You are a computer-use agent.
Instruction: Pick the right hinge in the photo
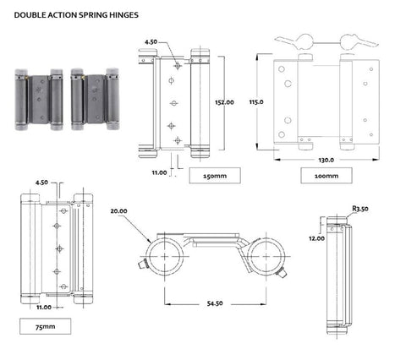click(x=94, y=99)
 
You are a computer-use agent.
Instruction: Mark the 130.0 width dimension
click(x=326, y=159)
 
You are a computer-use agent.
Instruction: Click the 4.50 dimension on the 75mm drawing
click(x=41, y=182)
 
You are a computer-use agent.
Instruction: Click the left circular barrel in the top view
click(x=166, y=254)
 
